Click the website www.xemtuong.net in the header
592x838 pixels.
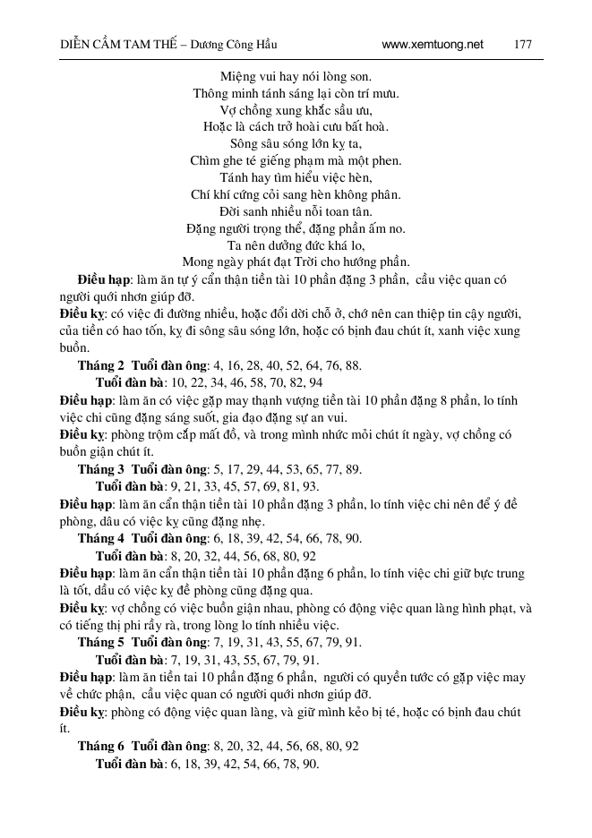[432, 44]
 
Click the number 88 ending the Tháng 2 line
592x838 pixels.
[353, 365]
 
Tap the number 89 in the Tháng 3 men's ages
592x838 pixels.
[353, 468]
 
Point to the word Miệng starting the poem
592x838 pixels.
[237, 76]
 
